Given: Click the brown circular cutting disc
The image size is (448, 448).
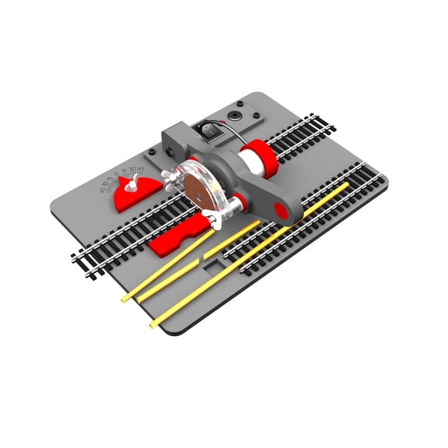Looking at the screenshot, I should (196, 187).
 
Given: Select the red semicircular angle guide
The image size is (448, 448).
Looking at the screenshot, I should (137, 195).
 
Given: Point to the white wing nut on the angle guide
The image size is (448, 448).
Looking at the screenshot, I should (133, 183).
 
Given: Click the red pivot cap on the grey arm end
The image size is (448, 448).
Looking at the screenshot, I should (278, 209).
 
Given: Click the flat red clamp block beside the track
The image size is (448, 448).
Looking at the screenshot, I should (177, 237).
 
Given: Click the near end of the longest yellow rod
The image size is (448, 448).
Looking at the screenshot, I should (153, 323).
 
